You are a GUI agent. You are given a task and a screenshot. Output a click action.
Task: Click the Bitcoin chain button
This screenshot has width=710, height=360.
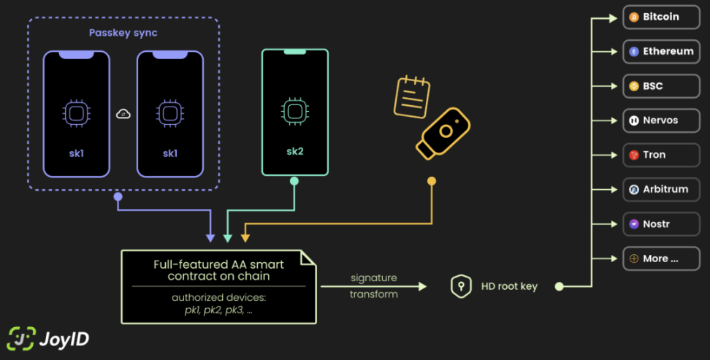click(x=661, y=17)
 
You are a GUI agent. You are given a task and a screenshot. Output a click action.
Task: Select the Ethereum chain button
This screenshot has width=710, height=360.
click(x=661, y=52)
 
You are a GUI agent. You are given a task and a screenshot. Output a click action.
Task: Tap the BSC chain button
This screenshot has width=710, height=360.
click(x=661, y=86)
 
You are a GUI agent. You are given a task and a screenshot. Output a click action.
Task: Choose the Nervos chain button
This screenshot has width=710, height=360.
click(x=661, y=120)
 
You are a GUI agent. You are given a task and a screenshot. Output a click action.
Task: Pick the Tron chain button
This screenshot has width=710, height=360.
click(x=661, y=155)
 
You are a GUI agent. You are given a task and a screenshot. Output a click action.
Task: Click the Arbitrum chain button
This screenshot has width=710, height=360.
click(x=661, y=189)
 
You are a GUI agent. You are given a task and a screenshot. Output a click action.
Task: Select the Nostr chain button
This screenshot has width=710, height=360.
click(x=661, y=224)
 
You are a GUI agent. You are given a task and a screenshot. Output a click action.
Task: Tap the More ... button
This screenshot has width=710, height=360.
click(x=661, y=258)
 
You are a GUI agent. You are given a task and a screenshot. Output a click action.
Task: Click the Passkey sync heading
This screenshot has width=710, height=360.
click(x=123, y=33)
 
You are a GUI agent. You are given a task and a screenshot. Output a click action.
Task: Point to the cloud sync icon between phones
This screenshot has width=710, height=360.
click(x=123, y=114)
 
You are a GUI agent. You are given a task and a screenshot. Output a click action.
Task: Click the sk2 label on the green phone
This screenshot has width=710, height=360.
click(x=294, y=153)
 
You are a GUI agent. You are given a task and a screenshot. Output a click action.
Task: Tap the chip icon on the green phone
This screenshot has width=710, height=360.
click(x=294, y=111)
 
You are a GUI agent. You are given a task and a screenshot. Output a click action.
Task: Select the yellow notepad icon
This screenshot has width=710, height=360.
click(x=411, y=96)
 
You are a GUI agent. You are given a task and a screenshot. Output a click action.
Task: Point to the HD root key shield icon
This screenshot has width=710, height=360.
click(x=461, y=286)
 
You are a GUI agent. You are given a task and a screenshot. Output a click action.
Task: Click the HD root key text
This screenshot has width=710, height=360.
click(x=509, y=286)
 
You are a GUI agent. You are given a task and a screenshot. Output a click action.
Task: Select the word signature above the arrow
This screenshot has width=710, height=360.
click(x=373, y=277)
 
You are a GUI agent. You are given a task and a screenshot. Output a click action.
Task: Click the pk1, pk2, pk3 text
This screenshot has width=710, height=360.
click(x=218, y=310)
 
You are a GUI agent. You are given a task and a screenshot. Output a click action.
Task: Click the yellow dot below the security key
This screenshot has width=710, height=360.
click(x=432, y=180)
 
